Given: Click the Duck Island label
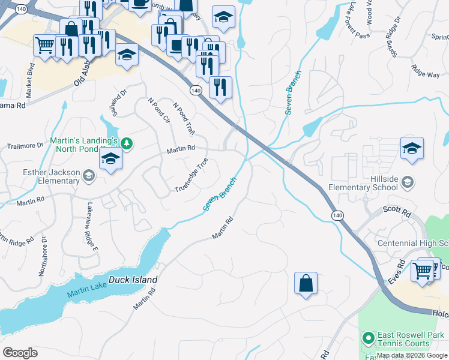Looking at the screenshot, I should (x=133, y=280).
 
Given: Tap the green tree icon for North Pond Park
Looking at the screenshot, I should (x=126, y=143).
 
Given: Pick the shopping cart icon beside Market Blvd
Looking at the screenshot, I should (x=44, y=45).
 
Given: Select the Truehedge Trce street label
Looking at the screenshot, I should (x=191, y=175).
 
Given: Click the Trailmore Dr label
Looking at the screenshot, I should (x=25, y=145).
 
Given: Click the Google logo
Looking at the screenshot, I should (x=20, y=352).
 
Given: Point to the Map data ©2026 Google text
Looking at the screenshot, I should (x=412, y=355).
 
